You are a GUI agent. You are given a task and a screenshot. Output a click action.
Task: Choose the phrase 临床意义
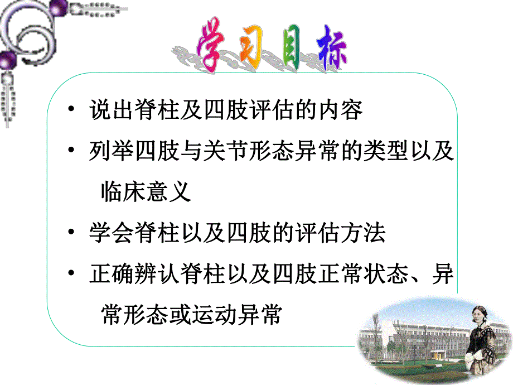pos(147,192)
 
